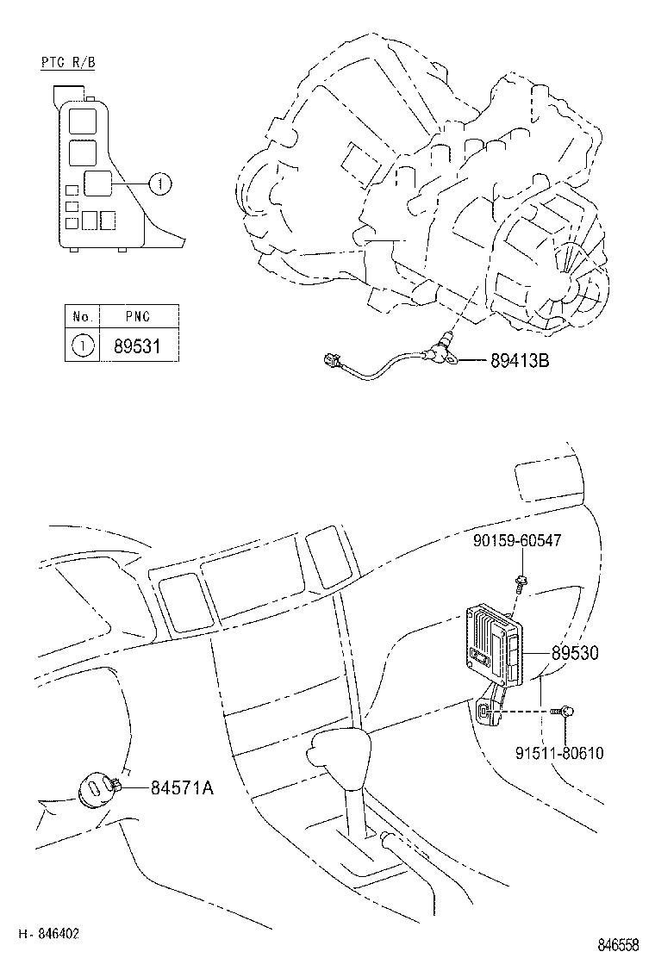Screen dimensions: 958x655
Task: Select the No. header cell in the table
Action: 82,316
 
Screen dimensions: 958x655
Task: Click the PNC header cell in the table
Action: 138,316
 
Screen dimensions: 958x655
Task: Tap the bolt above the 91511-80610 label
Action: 567,712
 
